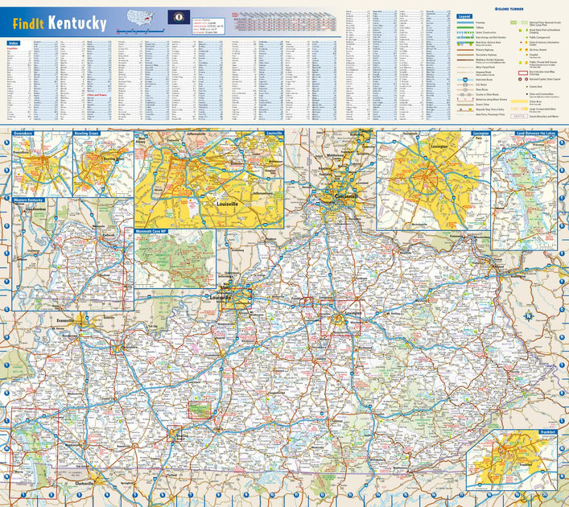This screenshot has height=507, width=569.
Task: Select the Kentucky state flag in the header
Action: point(174,17)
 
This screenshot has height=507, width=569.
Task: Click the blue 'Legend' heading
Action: point(464,16)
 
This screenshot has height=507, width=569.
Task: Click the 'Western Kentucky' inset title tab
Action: point(29,198)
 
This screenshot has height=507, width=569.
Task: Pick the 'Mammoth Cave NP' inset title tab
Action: point(155,231)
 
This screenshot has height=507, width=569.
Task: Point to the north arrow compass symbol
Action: point(527,315)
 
